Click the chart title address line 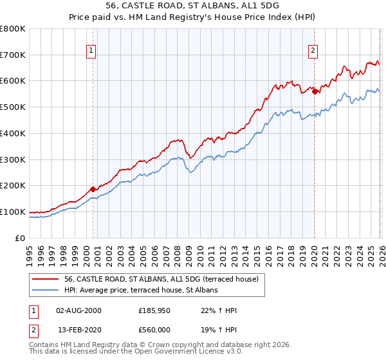(x=192, y=5)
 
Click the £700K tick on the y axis (x=13, y=55)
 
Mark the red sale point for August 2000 (x=93, y=189)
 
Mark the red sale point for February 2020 (x=315, y=91)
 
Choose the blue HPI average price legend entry (x=141, y=290)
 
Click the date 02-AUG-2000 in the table (x=78, y=310)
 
